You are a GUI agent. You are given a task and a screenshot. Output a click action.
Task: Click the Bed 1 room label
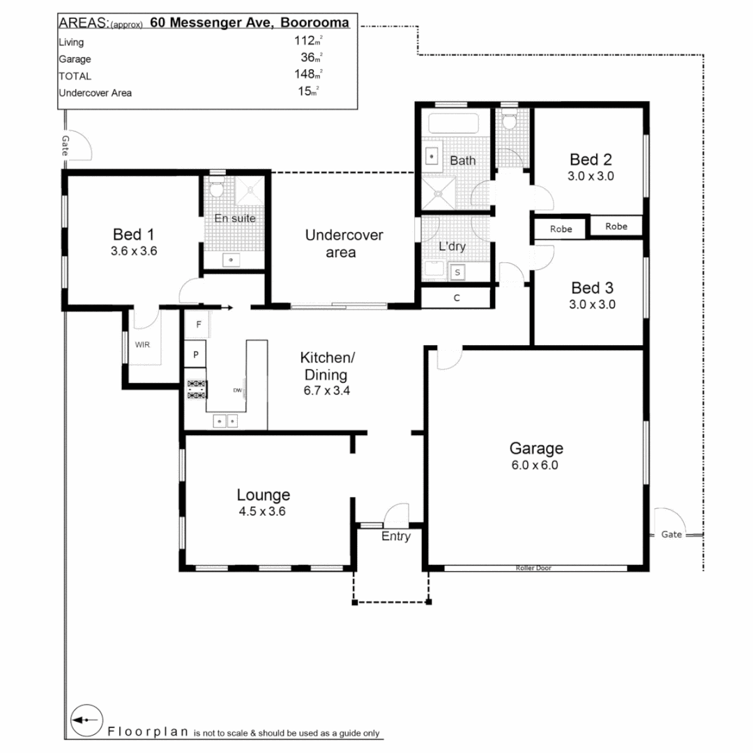(x=133, y=234)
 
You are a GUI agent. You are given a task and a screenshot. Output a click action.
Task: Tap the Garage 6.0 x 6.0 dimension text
(x=535, y=465)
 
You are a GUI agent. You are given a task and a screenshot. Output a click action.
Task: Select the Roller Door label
(x=533, y=568)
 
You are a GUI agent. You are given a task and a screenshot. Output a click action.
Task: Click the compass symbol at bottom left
(x=87, y=720)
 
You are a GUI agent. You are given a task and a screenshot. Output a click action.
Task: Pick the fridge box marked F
(x=198, y=325)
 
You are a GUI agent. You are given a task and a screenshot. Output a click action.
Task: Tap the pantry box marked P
(x=196, y=354)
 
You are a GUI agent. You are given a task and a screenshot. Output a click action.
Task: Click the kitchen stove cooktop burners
(x=196, y=389)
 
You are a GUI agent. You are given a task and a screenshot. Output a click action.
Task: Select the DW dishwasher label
(x=237, y=390)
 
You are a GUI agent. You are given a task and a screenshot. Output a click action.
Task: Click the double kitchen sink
(x=225, y=420)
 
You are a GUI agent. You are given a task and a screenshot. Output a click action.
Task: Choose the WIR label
(x=142, y=344)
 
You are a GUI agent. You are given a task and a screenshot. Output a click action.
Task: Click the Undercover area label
(x=344, y=243)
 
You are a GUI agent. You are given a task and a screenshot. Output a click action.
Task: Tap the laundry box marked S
(x=458, y=272)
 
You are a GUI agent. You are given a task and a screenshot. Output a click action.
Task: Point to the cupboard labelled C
(x=457, y=298)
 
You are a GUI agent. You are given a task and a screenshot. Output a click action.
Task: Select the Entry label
(x=395, y=537)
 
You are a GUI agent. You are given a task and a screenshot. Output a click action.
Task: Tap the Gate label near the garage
(x=671, y=535)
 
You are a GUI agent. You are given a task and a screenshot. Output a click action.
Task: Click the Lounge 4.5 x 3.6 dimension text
(x=263, y=511)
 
